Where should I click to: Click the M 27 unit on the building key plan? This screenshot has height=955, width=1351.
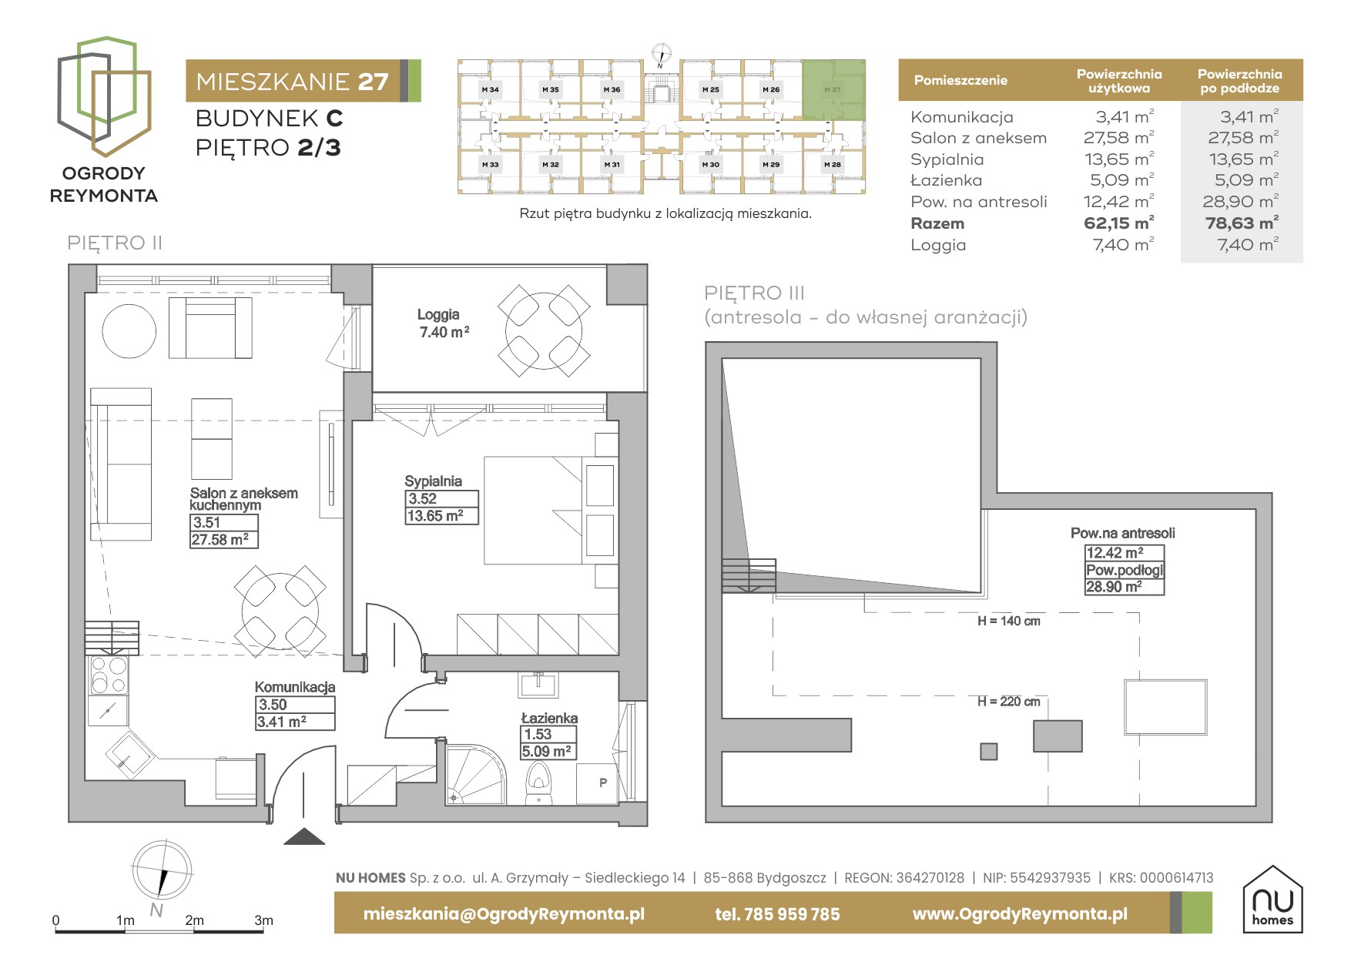833,89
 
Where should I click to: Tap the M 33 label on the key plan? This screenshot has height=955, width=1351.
490,165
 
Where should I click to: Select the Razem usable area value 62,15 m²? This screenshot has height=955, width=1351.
1118,223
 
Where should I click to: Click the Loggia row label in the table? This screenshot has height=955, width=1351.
938,245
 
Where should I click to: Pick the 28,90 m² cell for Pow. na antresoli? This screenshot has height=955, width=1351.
1240,202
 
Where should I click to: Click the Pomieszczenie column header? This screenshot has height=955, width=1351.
960,80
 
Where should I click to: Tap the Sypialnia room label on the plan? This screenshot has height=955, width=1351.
433,481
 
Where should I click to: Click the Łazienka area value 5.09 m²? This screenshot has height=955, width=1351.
548,752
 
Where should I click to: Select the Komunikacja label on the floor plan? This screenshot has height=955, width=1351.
295,687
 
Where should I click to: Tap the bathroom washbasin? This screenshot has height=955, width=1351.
538,683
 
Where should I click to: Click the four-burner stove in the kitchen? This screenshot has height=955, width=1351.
109,675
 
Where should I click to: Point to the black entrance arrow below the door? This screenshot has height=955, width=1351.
304,836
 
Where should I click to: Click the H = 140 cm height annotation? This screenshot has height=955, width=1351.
1008,622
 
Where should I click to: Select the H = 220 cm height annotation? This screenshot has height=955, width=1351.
1008,702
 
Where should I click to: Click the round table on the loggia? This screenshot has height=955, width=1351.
544,331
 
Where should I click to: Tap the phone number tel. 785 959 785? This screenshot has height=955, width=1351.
777,914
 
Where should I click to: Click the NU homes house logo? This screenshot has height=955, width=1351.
1272,900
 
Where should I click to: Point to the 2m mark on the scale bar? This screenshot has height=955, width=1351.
194,920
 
